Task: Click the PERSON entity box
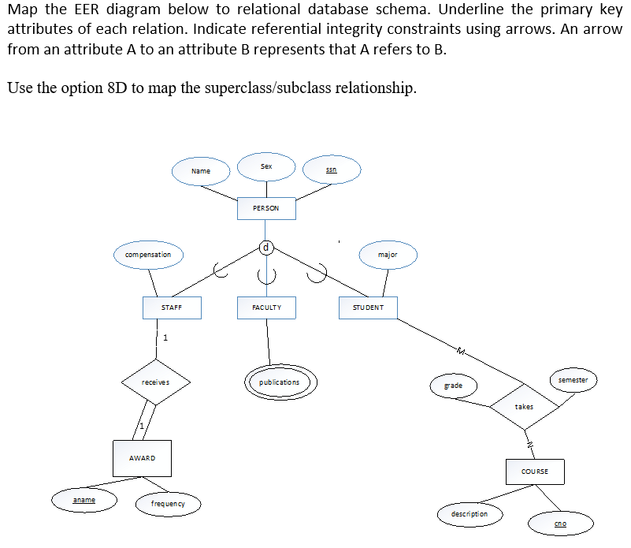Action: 266,208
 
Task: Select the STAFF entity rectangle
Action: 172,308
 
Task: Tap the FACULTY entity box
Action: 266,308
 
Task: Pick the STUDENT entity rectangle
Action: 368,308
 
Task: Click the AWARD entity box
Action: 142,458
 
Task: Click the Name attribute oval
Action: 201,171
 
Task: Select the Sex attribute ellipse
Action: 266,166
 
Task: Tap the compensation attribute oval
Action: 148,255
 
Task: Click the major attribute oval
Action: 388,255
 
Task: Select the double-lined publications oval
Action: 279,382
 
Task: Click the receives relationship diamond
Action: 155,382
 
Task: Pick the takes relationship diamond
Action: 525,407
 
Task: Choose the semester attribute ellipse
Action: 573,380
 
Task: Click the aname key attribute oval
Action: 84,500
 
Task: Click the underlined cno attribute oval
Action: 560,524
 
